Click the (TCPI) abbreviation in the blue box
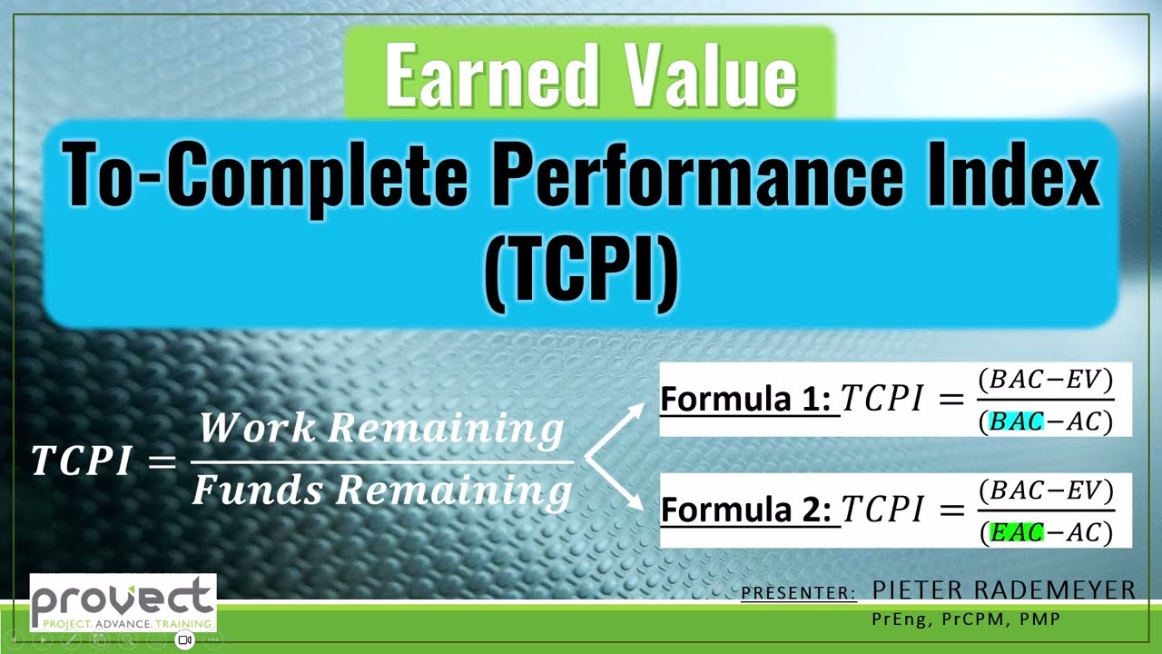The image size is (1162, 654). (581, 270)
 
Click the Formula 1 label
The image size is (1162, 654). (745, 400)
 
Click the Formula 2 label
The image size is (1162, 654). (745, 510)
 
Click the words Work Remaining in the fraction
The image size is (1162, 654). (381, 430)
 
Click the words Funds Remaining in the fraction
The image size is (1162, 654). (381, 491)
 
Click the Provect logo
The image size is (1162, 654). (123, 601)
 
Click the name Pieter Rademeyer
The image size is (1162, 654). (1003, 590)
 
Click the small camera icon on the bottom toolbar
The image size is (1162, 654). (184, 639)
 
